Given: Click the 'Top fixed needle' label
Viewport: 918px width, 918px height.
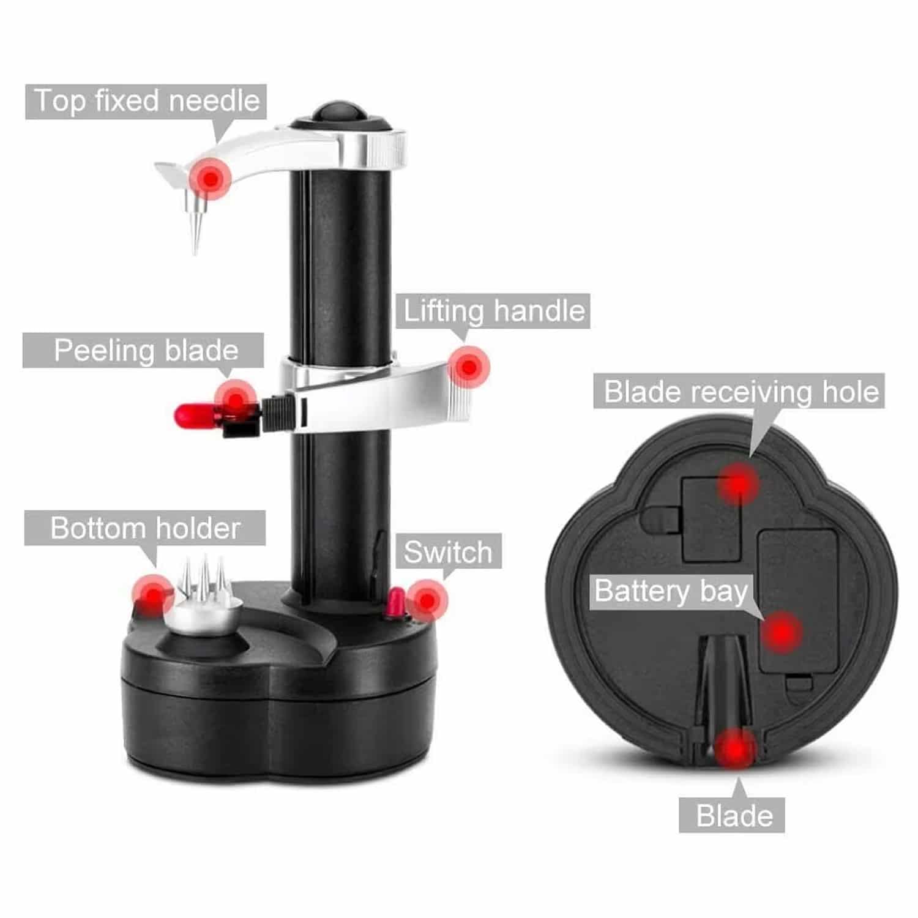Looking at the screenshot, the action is pos(146,101).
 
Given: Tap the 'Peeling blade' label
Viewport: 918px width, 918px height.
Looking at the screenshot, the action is pos(146,351).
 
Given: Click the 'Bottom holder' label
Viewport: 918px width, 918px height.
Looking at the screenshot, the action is pos(145,528).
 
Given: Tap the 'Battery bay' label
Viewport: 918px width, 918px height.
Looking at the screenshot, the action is pos(671,591).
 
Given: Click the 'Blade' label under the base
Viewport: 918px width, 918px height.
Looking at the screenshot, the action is pos(732,815).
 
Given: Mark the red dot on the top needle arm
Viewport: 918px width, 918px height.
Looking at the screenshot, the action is pos(211,179).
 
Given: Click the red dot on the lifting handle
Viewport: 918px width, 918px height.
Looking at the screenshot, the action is pos(469,367).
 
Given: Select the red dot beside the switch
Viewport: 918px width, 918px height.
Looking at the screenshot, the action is pos(427,600).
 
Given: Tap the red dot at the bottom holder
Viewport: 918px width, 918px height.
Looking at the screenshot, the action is pos(152,594).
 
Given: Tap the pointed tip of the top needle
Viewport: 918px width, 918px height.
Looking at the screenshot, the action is pos(195,252).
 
